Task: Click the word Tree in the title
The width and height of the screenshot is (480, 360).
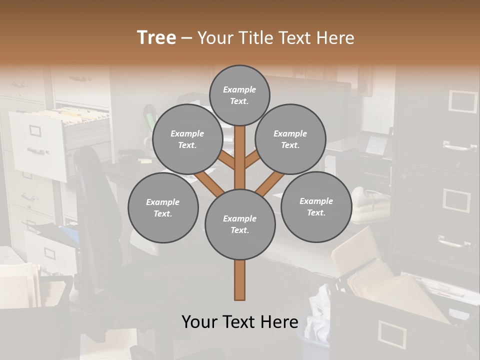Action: pos(156,37)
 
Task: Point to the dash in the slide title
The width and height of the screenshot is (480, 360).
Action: pos(186,38)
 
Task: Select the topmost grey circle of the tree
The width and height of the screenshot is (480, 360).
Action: pos(239,95)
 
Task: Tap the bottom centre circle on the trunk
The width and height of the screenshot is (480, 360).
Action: pos(240,224)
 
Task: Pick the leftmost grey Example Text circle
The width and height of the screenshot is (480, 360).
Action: pos(163,208)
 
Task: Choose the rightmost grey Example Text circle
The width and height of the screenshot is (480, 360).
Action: pos(316,207)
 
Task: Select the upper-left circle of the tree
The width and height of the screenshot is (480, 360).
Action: pos(187,139)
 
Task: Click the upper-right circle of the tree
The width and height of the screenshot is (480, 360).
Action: pos(290,139)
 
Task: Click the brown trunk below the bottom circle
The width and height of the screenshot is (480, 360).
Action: pos(240,280)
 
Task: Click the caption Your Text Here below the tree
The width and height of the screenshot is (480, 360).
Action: pos(239,322)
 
